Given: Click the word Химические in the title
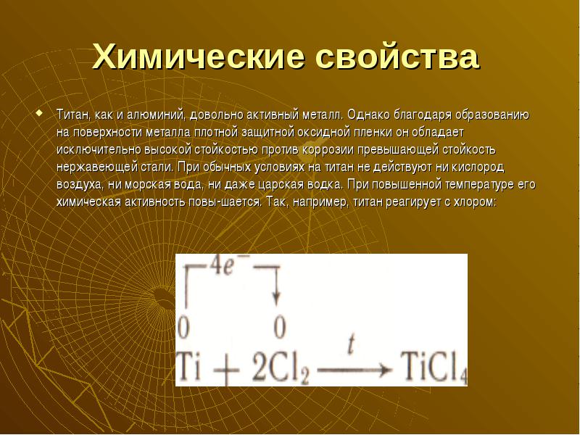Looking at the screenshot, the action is pos(198,57).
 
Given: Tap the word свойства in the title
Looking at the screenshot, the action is pos(397,57).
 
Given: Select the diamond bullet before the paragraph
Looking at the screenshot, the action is pos(39,112).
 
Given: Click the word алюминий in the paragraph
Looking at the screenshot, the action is pos(155,115).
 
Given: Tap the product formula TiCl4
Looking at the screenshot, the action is pos(434,368).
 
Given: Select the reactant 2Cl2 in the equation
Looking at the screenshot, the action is pos(281,368).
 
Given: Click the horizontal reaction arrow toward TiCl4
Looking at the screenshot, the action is pos(354,370).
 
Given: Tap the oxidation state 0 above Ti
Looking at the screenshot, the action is pos(183,327).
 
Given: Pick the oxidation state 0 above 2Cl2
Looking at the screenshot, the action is pos(280,327).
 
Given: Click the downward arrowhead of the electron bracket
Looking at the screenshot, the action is pos(276,299).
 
